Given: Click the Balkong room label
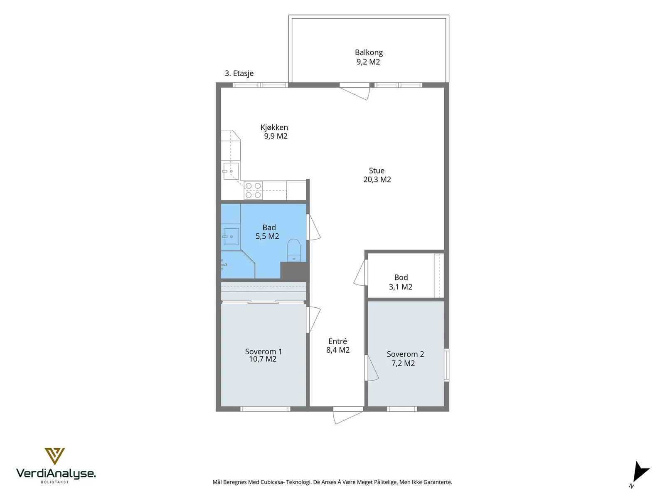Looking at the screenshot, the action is coord(369,52).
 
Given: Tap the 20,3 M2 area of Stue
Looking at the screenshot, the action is coord(377,179).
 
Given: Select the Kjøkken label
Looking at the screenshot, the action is coord(274,127).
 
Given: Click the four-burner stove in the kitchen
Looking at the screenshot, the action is coord(253,190).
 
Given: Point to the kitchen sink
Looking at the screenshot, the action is coord(231,171).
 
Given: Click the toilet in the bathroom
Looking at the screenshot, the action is coord(293,250).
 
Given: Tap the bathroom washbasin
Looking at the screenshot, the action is coord(231,237).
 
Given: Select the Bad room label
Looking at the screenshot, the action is coord(269,227).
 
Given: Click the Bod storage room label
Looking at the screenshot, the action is coord(401,277).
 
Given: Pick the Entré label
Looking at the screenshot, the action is coord(337,341).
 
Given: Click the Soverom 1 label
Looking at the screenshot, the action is coord(263,351).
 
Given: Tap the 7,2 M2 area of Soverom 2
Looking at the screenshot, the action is coord(403,363).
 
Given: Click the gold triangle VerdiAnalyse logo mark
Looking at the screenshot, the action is coord(54,456).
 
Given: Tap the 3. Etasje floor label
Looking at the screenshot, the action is coord(239,73).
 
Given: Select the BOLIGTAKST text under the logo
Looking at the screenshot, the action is coord(55,482).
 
